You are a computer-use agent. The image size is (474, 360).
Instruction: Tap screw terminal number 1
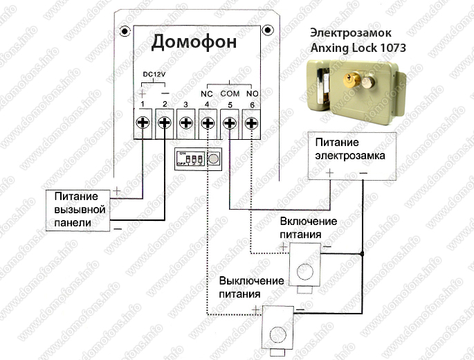(143, 123)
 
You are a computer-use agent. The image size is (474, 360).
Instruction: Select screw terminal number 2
(165, 123)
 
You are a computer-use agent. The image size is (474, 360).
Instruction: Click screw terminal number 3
(186, 123)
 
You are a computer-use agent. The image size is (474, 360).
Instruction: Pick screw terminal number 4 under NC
(208, 123)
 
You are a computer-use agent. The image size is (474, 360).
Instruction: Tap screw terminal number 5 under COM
(229, 123)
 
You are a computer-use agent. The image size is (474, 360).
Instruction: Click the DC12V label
(155, 73)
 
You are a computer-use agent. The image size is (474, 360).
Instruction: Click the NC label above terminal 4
(206, 93)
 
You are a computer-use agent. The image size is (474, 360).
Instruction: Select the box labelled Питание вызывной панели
(79, 209)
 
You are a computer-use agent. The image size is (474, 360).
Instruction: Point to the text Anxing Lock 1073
(358, 48)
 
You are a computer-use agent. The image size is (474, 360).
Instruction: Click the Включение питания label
(309, 228)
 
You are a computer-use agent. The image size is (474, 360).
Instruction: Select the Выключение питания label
(252, 287)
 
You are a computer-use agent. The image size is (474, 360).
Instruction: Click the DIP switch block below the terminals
(192, 158)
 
